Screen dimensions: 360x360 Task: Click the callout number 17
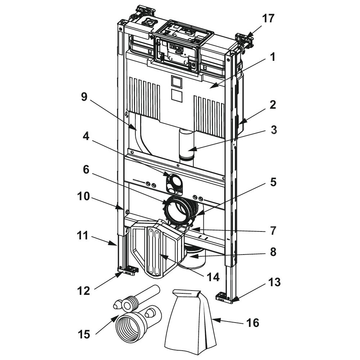point(268,18)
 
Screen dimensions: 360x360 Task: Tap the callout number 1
point(273,57)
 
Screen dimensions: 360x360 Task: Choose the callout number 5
point(274,183)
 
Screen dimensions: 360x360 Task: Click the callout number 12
point(84,291)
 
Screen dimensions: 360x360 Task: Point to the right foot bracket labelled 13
point(224,297)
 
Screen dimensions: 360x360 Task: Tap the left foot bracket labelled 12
point(129,271)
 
